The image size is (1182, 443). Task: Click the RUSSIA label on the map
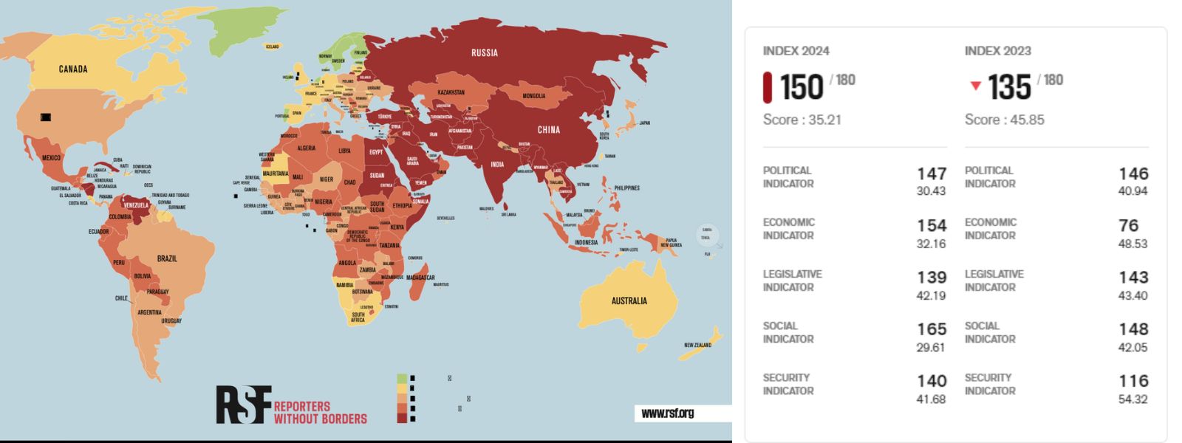pyautogui.click(x=485, y=52)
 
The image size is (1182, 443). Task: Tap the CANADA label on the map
pyautogui.click(x=73, y=69)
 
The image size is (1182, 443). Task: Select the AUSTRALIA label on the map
pyautogui.click(x=629, y=301)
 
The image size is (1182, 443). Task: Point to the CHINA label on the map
pyautogui.click(x=548, y=130)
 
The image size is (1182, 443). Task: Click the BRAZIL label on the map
pyautogui.click(x=167, y=258)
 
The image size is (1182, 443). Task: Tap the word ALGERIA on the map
pyautogui.click(x=307, y=148)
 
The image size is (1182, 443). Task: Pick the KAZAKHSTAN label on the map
pyautogui.click(x=451, y=92)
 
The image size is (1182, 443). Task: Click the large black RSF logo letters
pyautogui.click(x=243, y=405)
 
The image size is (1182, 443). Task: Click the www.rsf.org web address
pyautogui.click(x=668, y=413)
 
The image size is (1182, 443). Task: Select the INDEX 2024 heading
pyautogui.click(x=796, y=51)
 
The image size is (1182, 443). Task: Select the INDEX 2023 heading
pyautogui.click(x=997, y=51)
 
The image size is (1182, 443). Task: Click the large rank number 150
pyautogui.click(x=801, y=87)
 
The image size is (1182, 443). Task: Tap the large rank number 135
pyautogui.click(x=1009, y=87)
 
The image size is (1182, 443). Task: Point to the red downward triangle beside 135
pyautogui.click(x=975, y=86)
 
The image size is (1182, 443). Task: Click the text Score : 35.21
pyautogui.click(x=802, y=120)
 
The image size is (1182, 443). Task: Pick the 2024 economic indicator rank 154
pyautogui.click(x=931, y=226)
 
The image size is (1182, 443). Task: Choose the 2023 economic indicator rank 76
pyautogui.click(x=1128, y=226)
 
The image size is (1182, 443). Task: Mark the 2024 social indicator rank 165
pyautogui.click(x=931, y=329)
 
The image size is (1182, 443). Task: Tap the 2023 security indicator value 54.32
pyautogui.click(x=1133, y=399)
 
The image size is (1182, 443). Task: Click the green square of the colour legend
pyautogui.click(x=402, y=379)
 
